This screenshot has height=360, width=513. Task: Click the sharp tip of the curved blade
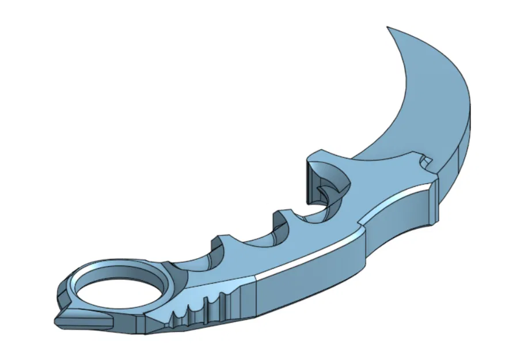click(x=387, y=27)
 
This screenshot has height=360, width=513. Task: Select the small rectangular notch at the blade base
click(x=427, y=159)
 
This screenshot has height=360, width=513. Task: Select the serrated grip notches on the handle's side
click(x=196, y=311)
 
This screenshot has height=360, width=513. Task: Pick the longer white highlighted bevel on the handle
click(x=311, y=253)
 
